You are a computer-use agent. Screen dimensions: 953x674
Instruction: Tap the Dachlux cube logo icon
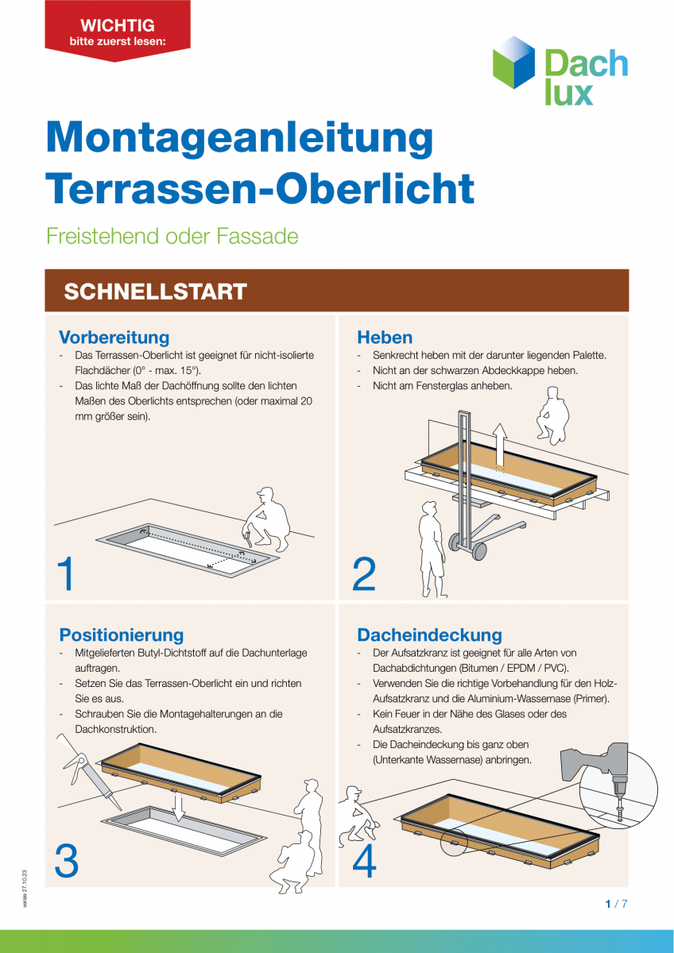pyautogui.click(x=514, y=62)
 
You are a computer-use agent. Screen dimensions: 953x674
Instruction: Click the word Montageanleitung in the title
pyautogui.click(x=239, y=137)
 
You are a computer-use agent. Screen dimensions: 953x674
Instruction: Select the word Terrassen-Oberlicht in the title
pyautogui.click(x=260, y=188)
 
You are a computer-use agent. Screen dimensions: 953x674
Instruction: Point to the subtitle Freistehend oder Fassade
pyautogui.click(x=172, y=236)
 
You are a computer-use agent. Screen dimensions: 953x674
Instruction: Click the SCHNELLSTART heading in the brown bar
pyautogui.click(x=155, y=291)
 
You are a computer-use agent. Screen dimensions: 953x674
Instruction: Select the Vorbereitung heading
pyautogui.click(x=114, y=337)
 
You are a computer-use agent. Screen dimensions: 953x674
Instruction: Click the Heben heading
pyautogui.click(x=385, y=337)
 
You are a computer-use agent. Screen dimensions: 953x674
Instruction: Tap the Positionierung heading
pyautogui.click(x=121, y=635)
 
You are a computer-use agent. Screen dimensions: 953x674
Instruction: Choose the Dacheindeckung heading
pyautogui.click(x=429, y=635)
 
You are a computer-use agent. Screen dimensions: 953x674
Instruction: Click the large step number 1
pyautogui.click(x=66, y=574)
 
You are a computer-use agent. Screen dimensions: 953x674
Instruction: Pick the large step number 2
pyautogui.click(x=364, y=574)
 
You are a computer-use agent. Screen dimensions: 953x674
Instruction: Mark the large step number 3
pyautogui.click(x=67, y=861)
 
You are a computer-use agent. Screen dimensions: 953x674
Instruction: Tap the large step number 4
pyautogui.click(x=364, y=861)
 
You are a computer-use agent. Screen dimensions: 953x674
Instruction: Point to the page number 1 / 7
pyautogui.click(x=616, y=904)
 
